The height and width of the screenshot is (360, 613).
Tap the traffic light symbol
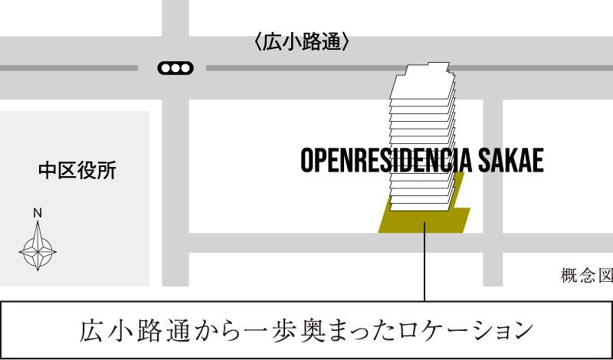(175, 68)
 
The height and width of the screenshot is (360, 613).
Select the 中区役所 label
(77, 170)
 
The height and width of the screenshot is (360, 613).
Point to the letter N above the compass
(37, 213)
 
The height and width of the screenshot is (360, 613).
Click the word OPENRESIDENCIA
(388, 161)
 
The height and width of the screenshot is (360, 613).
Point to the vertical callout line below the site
(424, 264)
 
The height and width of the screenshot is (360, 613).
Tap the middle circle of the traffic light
(175, 68)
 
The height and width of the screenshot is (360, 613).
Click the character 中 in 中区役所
(48, 170)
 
